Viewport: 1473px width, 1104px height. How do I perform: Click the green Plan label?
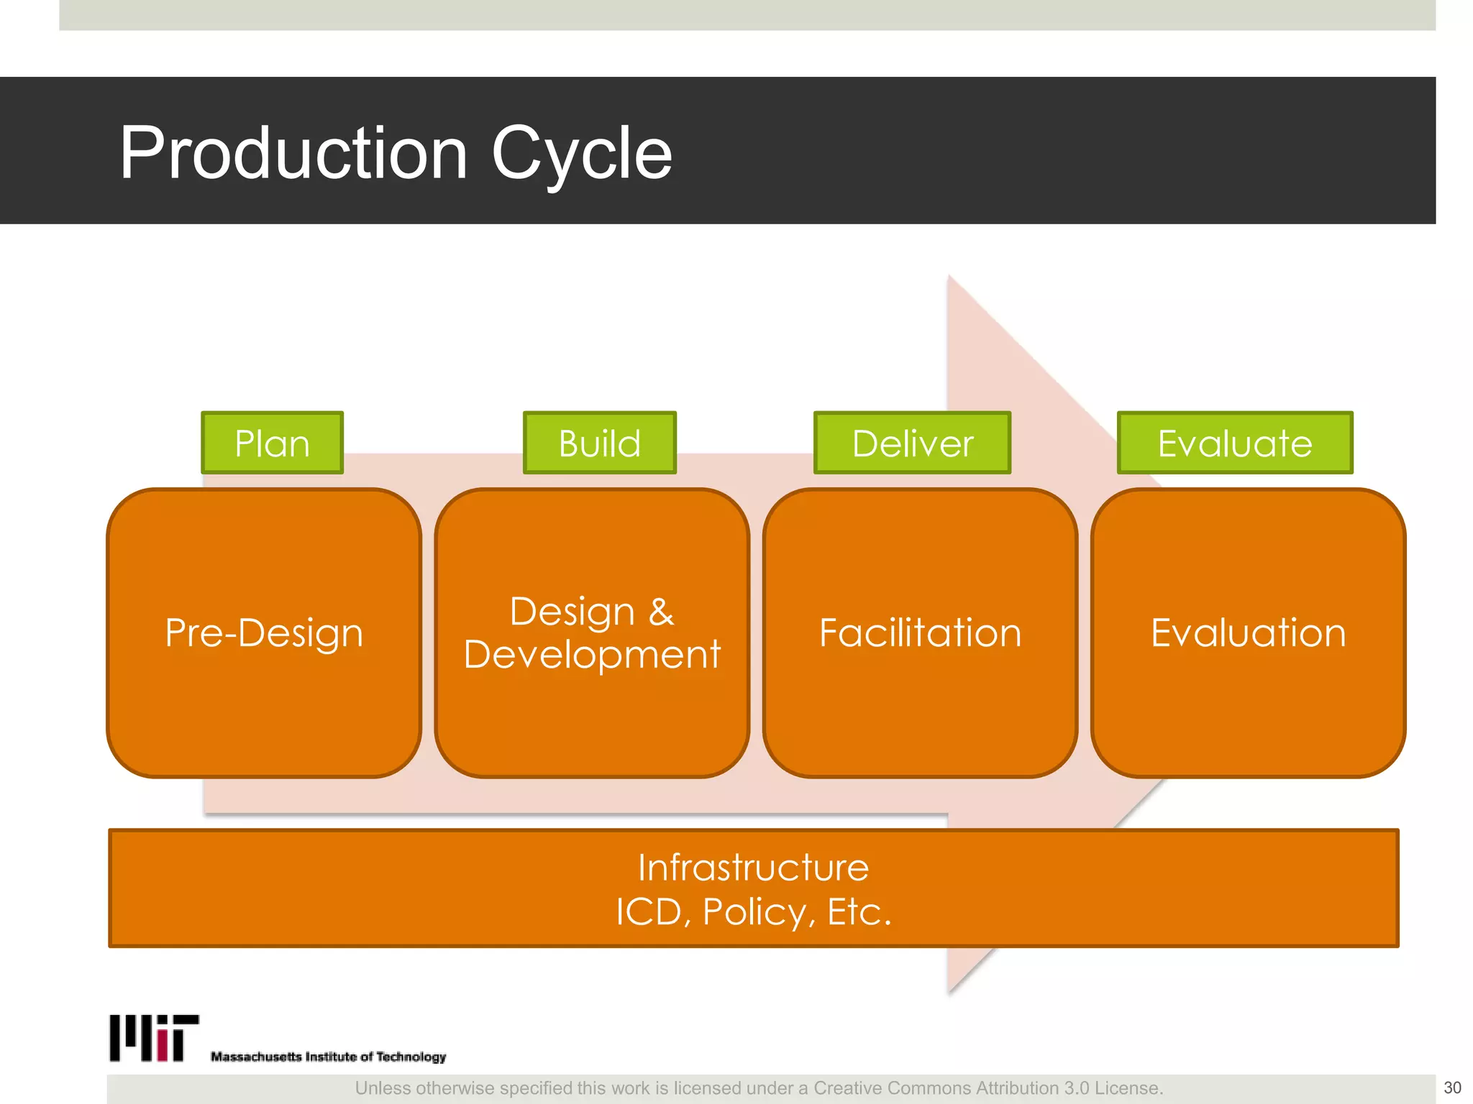coord(272,443)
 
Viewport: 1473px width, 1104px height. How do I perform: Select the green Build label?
coord(599,443)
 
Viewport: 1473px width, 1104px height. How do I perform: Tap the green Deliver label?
coord(912,443)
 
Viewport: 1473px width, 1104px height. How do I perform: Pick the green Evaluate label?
coord(1234,443)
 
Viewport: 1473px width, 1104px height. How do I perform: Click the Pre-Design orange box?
coord(264,632)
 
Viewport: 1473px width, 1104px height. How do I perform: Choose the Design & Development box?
coord(591,632)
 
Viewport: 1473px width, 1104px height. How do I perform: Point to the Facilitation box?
coord(920,632)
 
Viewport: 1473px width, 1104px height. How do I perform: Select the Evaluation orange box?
coord(1248,632)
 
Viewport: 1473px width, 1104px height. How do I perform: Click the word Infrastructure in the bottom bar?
coord(753,868)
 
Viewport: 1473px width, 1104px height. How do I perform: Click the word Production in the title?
coord(293,152)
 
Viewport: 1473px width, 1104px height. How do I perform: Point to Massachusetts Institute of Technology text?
coord(328,1057)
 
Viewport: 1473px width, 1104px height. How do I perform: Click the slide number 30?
coord(1452,1087)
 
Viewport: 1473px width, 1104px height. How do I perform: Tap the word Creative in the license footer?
coord(848,1088)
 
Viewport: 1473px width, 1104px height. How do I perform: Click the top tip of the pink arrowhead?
coord(949,277)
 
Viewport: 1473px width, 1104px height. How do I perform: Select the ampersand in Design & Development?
coord(661,612)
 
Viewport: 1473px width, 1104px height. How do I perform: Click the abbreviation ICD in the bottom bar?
coord(649,912)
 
